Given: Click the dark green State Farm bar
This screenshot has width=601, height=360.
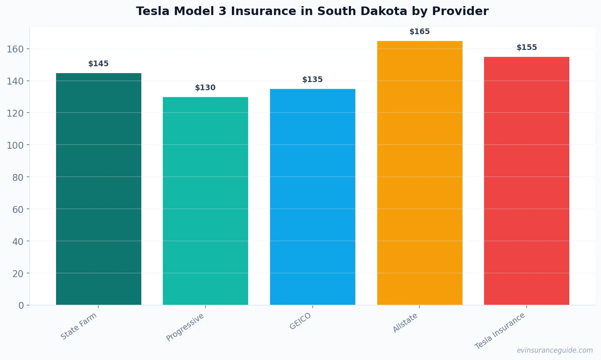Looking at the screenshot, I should click(99, 189).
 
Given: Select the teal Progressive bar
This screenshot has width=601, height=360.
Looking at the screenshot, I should click(205, 201).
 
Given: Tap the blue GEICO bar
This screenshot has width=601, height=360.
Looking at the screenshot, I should click(313, 197).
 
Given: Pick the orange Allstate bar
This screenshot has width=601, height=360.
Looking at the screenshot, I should click(419, 173).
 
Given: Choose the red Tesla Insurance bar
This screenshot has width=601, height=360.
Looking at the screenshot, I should click(527, 181).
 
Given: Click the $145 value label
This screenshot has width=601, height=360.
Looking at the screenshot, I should click(99, 64).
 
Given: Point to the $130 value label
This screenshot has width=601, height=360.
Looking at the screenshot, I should click(205, 88).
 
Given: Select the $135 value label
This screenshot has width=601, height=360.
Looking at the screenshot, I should click(313, 80).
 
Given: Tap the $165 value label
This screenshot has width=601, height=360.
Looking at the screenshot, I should click(419, 32).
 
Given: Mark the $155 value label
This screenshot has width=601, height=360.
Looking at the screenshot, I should click(527, 48).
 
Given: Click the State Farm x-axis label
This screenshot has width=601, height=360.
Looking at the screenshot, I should click(79, 326).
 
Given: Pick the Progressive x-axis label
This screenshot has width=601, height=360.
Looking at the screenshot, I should click(185, 327).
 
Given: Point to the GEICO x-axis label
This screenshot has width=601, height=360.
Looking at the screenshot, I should click(300, 321).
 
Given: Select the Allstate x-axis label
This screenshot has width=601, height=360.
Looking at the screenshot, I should click(405, 323).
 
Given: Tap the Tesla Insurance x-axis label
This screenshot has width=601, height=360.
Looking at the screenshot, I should click(500, 331).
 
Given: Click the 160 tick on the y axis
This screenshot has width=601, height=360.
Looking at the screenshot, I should click(15, 49).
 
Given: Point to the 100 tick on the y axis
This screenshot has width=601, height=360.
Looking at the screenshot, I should click(15, 145).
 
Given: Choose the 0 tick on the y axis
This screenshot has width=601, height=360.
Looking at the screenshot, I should click(21, 306).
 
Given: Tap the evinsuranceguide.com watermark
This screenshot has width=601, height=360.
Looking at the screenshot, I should click(555, 350).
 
